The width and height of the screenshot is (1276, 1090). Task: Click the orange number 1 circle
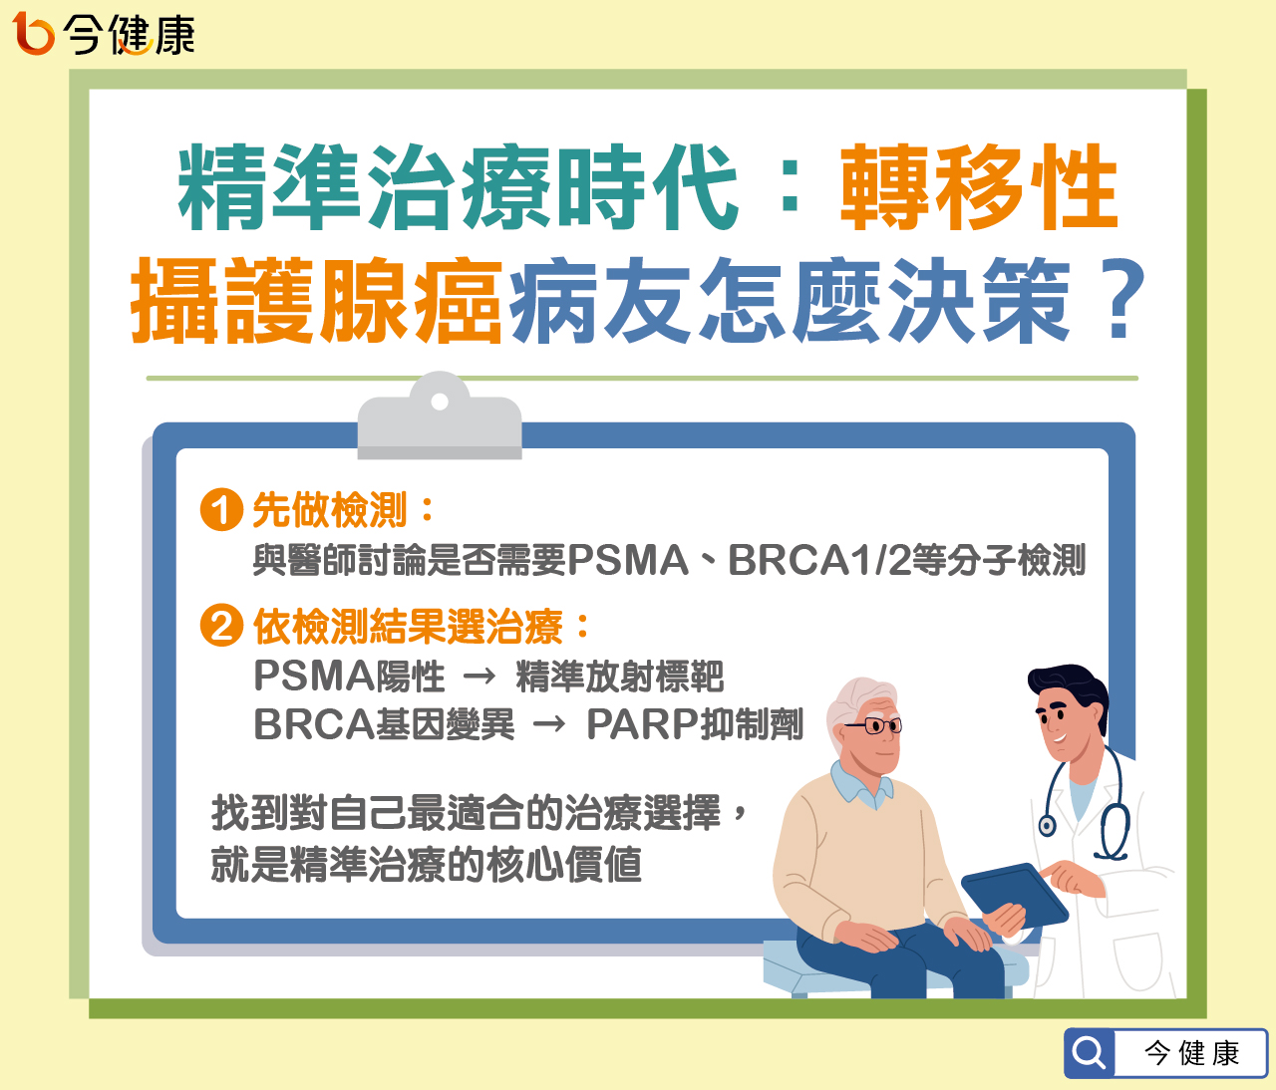pyautogui.click(x=221, y=510)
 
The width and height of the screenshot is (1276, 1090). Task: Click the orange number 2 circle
pyautogui.click(x=221, y=626)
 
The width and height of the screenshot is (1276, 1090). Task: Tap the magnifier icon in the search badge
pyautogui.click(x=1090, y=1053)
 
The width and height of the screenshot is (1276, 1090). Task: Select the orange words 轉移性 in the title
pyautogui.click(x=979, y=187)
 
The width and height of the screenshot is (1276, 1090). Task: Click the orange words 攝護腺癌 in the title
pyautogui.click(x=317, y=300)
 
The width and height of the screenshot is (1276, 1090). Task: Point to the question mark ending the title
pyautogui.click(x=1118, y=300)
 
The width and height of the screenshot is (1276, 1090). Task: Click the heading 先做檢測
pyautogui.click(x=330, y=510)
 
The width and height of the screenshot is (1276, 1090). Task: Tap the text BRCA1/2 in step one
pyautogui.click(x=818, y=561)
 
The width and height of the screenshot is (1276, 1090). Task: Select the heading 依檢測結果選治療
pyautogui.click(x=408, y=627)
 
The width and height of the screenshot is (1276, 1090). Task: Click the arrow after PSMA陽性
pyautogui.click(x=479, y=677)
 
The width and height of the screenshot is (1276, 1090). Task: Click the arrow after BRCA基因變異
pyautogui.click(x=549, y=724)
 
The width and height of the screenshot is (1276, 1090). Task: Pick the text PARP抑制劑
pyautogui.click(x=694, y=724)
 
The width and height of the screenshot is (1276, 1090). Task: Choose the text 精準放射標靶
pyautogui.click(x=619, y=677)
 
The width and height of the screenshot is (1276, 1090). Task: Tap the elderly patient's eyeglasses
pyautogui.click(x=874, y=725)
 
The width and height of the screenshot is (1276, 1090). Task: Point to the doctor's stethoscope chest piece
pyautogui.click(x=1047, y=825)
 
